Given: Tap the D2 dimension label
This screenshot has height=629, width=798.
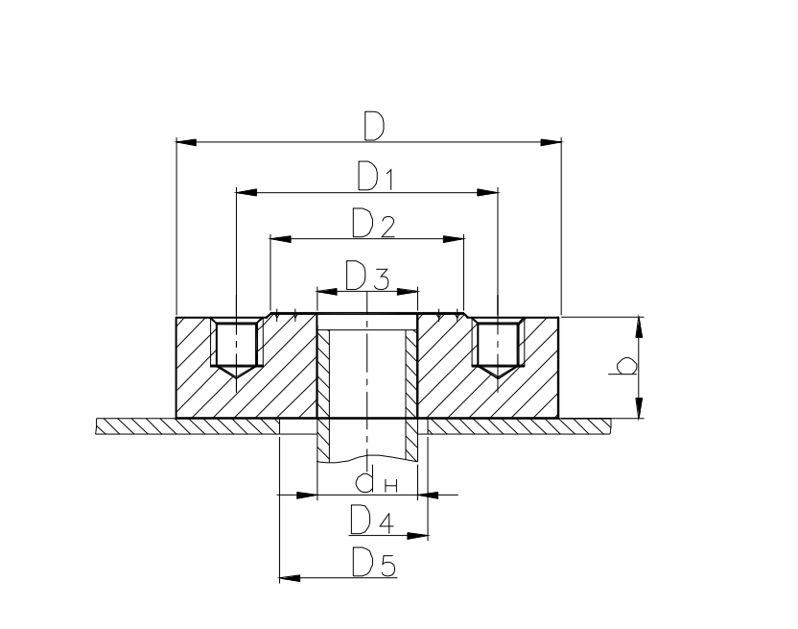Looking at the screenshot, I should point(372,223).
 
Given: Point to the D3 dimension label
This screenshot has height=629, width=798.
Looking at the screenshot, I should point(367,277).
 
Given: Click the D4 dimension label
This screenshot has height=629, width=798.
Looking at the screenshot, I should point(371,520).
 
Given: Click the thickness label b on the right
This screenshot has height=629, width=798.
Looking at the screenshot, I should point(624,367).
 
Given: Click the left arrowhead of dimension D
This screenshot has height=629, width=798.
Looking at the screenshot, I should point(187,142).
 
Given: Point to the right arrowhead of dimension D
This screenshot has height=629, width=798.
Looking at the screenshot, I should point(551,142).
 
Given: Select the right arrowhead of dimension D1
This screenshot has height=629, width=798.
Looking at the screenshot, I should point(488,192).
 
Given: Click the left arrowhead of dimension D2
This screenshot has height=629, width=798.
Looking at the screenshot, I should point(281,238).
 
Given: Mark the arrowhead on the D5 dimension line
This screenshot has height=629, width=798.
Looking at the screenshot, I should point(290,578).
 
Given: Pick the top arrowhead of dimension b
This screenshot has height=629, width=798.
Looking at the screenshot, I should point(640,327).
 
